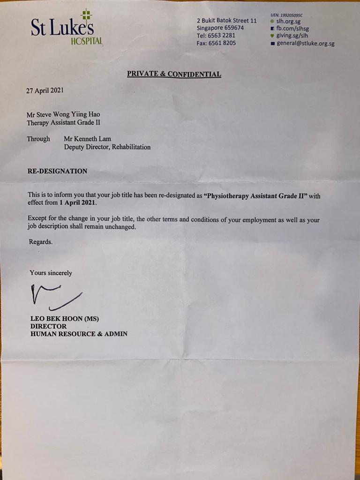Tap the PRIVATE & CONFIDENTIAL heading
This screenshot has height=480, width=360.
click(174, 74)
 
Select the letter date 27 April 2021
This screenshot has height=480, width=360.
click(45, 90)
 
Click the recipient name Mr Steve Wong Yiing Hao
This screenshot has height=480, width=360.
click(63, 114)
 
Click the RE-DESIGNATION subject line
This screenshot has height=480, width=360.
click(57, 171)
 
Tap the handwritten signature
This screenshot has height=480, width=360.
click(55, 296)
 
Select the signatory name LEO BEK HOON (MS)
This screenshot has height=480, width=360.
click(65, 319)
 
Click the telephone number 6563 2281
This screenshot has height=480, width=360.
click(223, 36)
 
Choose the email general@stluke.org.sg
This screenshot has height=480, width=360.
click(306, 44)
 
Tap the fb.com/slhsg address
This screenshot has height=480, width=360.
click(292, 29)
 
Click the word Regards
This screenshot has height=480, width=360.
click(41, 242)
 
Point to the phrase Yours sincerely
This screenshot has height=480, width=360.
click(51, 273)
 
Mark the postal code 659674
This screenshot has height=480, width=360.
click(240, 28)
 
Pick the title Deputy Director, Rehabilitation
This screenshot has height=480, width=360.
click(107, 147)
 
